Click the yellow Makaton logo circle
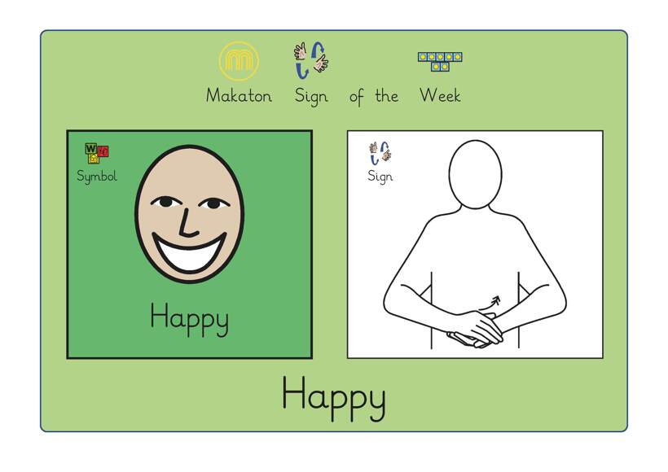(239, 61)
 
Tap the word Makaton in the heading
(239, 96)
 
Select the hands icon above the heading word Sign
(311, 59)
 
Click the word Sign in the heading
(311, 97)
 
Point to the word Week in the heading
(440, 96)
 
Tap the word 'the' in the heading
(386, 96)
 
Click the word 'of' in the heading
(357, 97)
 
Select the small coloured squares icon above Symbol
(97, 153)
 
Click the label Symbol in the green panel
(97, 176)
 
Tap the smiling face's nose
(187, 221)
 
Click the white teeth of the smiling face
(189, 254)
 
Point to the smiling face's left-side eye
(165, 201)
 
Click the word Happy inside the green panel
(189, 318)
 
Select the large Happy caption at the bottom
(333, 396)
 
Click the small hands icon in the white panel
(380, 152)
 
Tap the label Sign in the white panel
(380, 177)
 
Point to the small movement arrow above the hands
(492, 303)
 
